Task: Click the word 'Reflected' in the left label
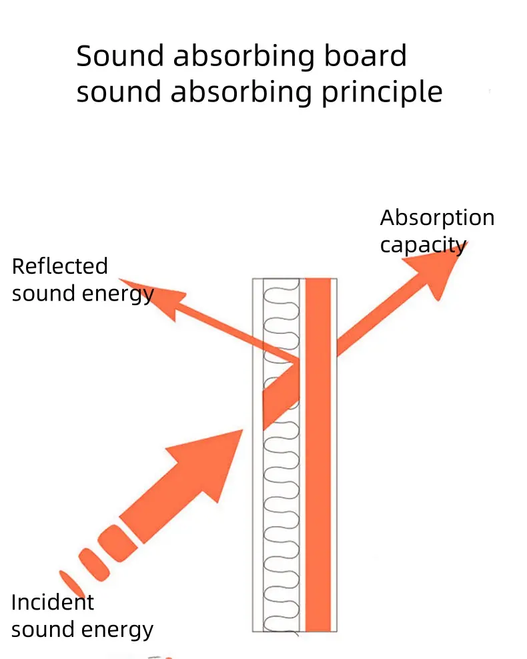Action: point(59,266)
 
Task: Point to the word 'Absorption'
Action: point(437,218)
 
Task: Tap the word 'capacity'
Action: point(423,245)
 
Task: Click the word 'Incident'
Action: point(53,602)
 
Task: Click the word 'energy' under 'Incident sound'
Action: point(124,630)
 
